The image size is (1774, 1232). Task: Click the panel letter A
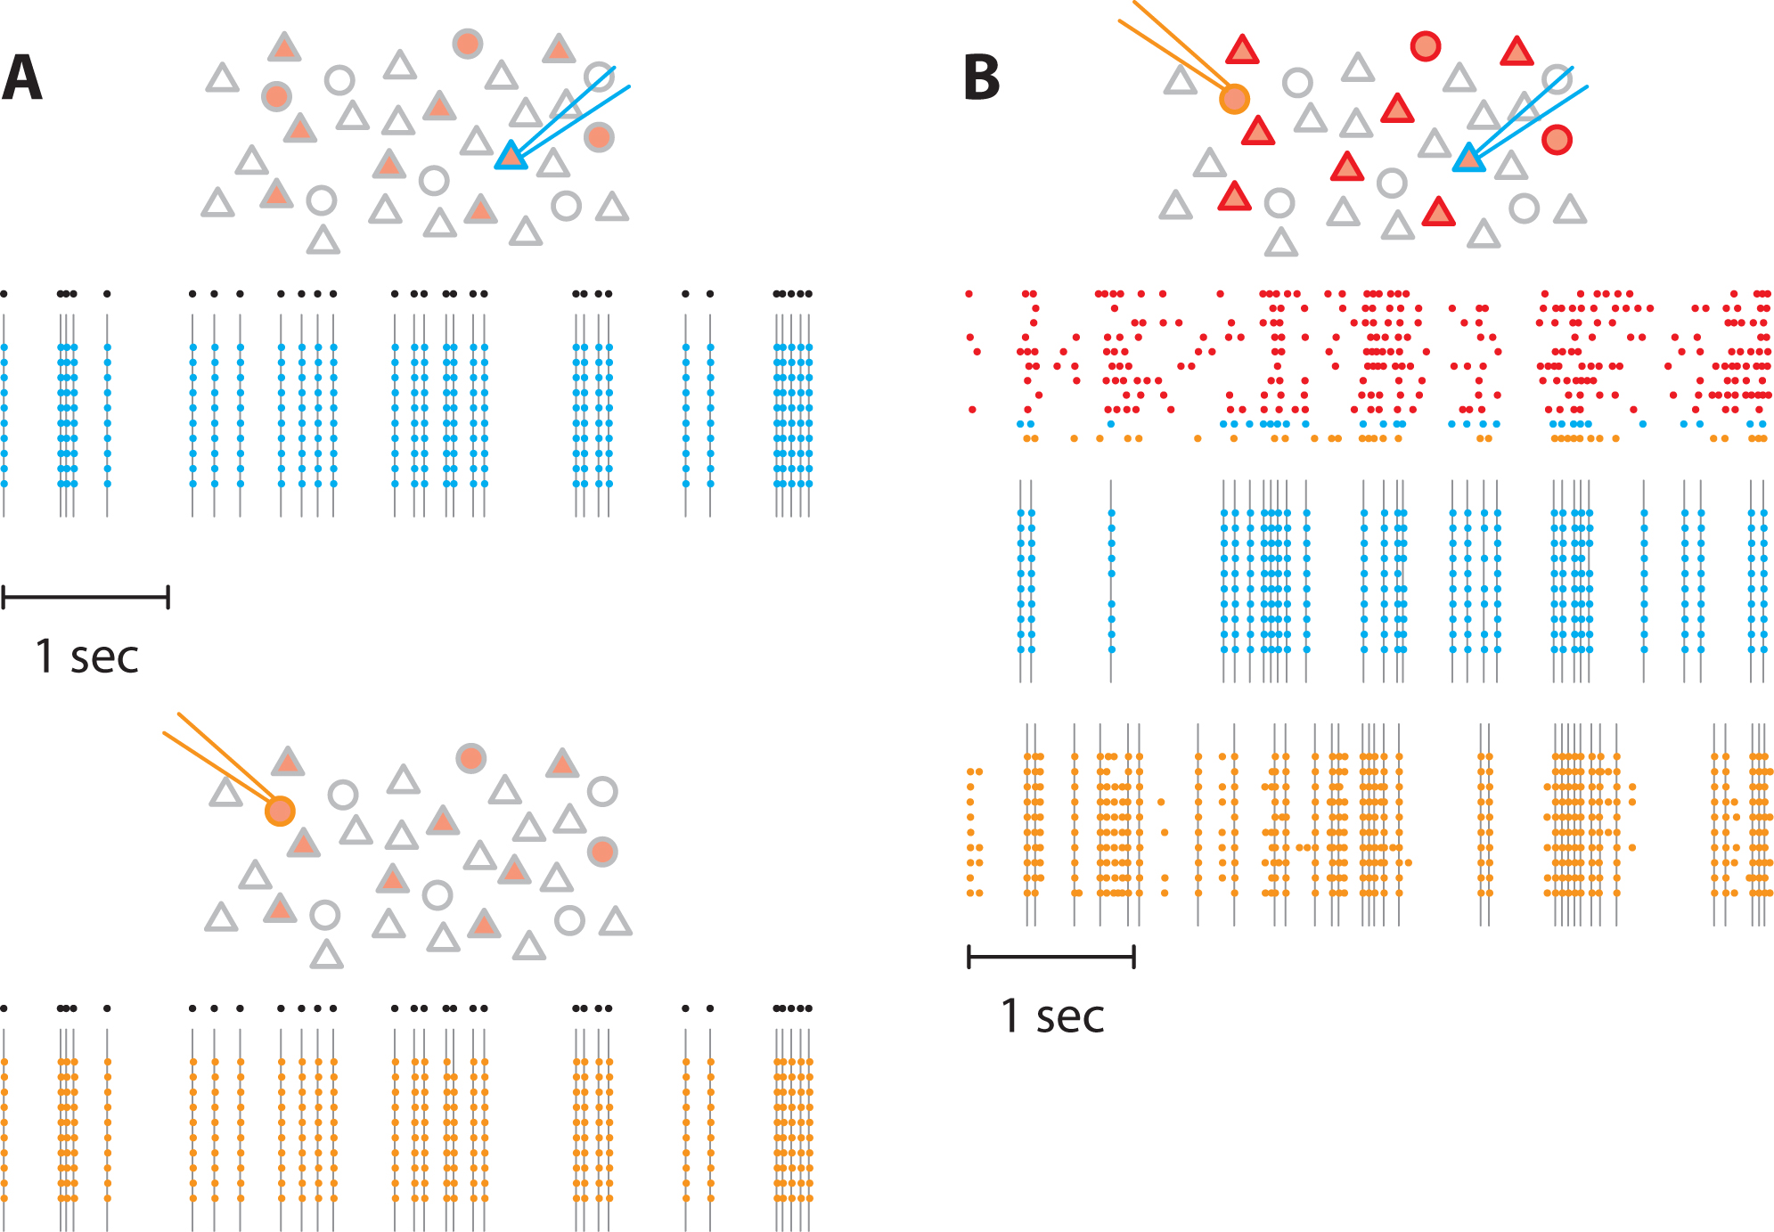point(22,78)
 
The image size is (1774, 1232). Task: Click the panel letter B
point(982,78)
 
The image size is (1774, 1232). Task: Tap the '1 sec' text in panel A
point(86,657)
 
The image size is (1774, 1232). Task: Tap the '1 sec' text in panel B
point(1052,1016)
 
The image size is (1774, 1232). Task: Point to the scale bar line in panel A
point(86,597)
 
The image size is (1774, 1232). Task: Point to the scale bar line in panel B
point(1051,958)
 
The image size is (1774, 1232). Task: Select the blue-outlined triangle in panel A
point(511,156)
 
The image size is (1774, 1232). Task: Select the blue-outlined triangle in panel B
point(1468,159)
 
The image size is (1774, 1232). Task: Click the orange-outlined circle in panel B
point(1234,99)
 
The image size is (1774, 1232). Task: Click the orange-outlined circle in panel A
point(280,811)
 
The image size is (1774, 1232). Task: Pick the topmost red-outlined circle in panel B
point(1426,45)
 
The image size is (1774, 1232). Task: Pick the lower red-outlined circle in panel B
point(1557,140)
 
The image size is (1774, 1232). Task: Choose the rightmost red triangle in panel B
point(1516,52)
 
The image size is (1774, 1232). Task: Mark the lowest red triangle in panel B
point(1438,212)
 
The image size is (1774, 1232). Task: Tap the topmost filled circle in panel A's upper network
point(468,43)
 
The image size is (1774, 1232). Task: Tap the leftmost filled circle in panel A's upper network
point(276,96)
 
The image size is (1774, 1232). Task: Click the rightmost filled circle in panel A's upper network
point(599,137)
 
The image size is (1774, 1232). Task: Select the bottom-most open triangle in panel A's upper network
point(323,241)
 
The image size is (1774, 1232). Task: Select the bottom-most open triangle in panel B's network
point(1280,242)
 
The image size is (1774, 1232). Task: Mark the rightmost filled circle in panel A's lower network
point(602,852)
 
